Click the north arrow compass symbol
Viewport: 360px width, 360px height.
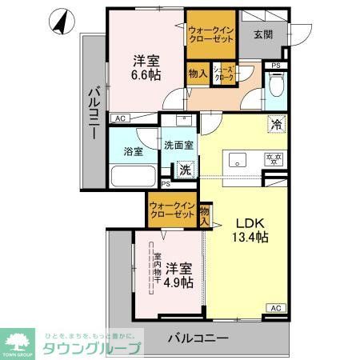60,22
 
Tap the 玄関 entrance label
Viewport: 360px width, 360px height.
263,34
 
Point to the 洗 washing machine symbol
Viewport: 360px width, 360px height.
185,170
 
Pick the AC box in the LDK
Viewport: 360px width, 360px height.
274,308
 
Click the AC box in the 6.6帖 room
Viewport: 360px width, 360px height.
120,118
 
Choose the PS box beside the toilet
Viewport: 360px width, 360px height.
276,66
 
